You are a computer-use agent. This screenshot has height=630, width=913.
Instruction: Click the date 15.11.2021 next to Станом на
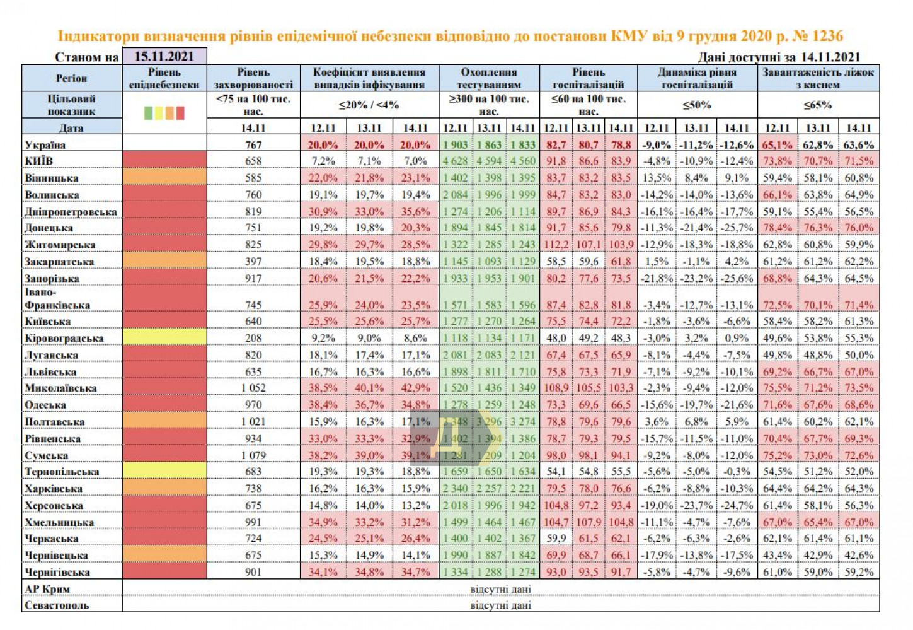coord(164,56)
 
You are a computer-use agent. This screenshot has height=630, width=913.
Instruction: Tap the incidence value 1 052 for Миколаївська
coord(253,388)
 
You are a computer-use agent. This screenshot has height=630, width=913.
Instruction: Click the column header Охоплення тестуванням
coord(488,78)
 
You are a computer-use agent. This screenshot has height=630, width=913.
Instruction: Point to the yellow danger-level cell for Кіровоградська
coord(164,337)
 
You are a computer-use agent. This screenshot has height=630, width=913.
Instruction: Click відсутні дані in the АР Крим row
coord(500,589)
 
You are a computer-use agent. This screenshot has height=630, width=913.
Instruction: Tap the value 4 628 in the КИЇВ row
coord(455,161)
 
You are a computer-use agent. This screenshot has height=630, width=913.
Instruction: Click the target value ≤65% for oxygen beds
coord(817,105)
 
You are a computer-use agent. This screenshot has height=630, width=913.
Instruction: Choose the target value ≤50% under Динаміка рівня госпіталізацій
coord(697,105)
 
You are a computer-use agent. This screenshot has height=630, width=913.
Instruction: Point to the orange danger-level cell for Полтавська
coord(164,421)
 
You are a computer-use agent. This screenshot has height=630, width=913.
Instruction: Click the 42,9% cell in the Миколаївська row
coord(415,388)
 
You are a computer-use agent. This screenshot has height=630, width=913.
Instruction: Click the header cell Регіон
coord(71,78)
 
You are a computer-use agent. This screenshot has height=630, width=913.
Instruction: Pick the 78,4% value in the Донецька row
coord(777,228)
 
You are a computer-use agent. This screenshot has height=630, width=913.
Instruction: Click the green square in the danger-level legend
coord(148,114)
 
